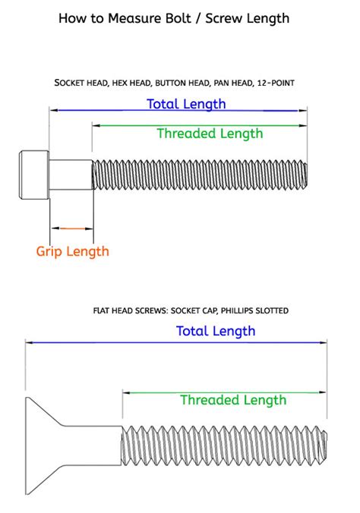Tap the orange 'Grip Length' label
click(73, 251)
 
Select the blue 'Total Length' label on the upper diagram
click(186, 104)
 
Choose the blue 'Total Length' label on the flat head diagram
click(216, 331)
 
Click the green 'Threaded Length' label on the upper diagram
click(210, 134)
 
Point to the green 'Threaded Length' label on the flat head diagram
click(233, 400)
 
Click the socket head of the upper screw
click(34, 174)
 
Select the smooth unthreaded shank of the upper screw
click(71, 174)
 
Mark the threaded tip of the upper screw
click(304, 174)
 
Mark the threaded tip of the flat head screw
click(323, 445)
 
